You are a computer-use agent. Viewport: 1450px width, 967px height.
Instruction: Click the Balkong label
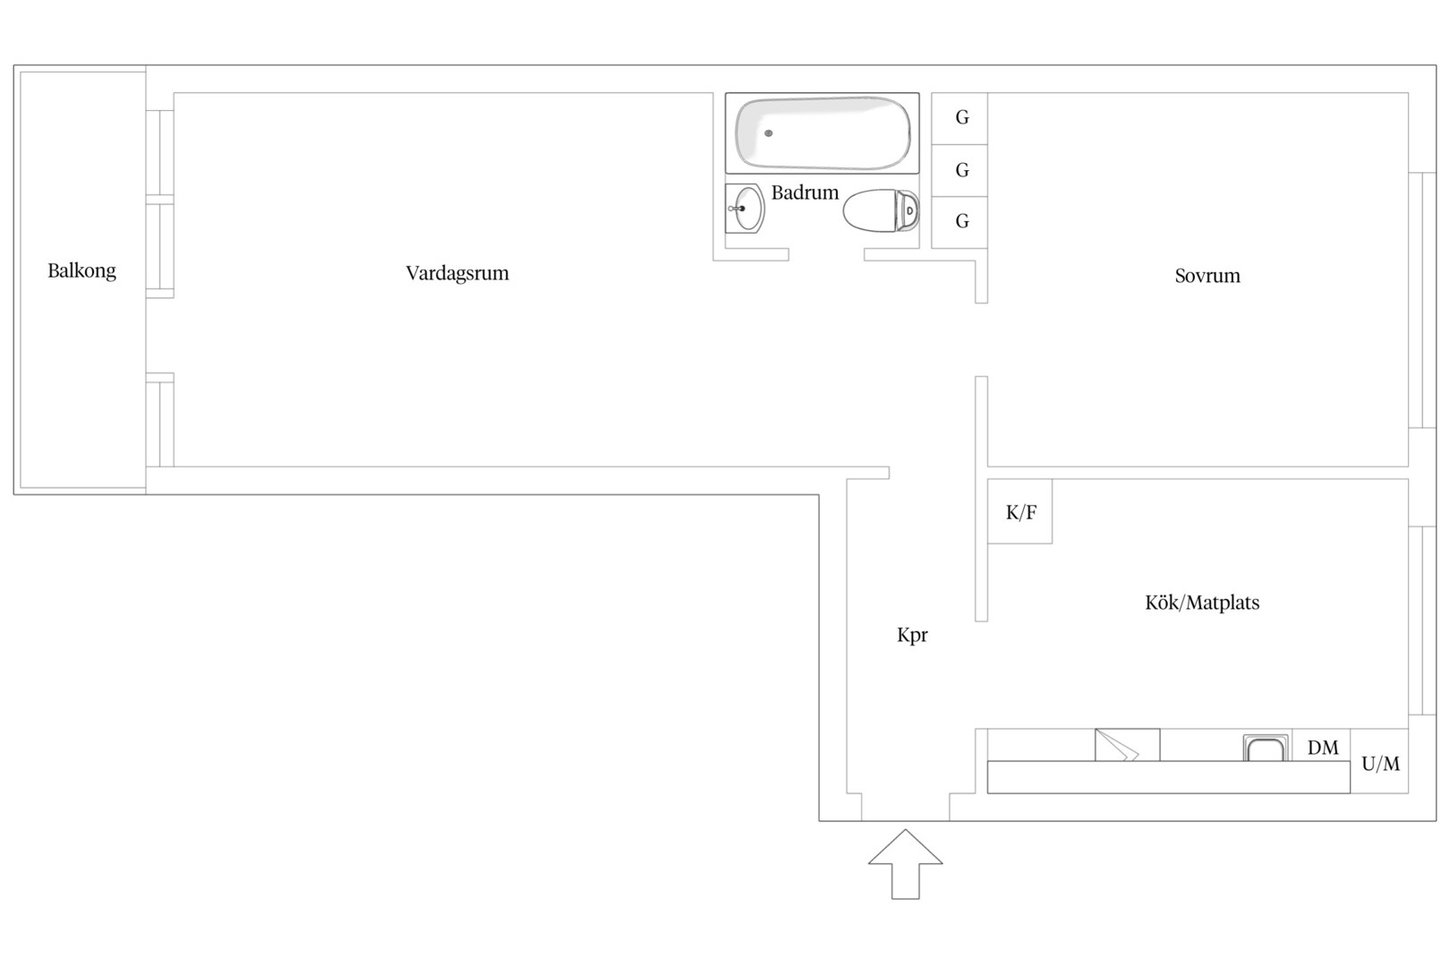pos(82,270)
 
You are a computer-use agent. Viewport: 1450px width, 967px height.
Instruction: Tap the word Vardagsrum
pos(457,273)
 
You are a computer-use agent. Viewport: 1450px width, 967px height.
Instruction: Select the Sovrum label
pos(1208,276)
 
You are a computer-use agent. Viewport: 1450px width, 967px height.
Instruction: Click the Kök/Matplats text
pos(1202,603)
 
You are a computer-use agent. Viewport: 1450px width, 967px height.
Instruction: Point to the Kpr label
pos(912,636)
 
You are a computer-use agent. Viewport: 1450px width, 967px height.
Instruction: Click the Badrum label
pos(805,193)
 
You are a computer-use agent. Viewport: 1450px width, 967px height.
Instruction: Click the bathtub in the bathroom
pos(822,133)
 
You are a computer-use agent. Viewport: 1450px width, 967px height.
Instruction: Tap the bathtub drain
pos(768,133)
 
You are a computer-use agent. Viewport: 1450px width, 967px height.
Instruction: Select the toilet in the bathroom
pos(881,210)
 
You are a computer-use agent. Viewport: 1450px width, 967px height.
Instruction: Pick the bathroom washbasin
pos(745,209)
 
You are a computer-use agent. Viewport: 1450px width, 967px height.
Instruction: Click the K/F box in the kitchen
pos(1019,511)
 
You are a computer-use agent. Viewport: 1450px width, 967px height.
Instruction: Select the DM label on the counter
pos(1323,748)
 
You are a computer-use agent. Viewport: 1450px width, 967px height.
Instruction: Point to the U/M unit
pos(1379,761)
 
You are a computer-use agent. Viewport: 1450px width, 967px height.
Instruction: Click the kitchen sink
pos(1266,748)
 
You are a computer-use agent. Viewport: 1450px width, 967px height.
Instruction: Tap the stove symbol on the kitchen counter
pos(1127,745)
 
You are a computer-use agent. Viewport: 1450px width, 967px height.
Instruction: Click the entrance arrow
pos(906,864)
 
